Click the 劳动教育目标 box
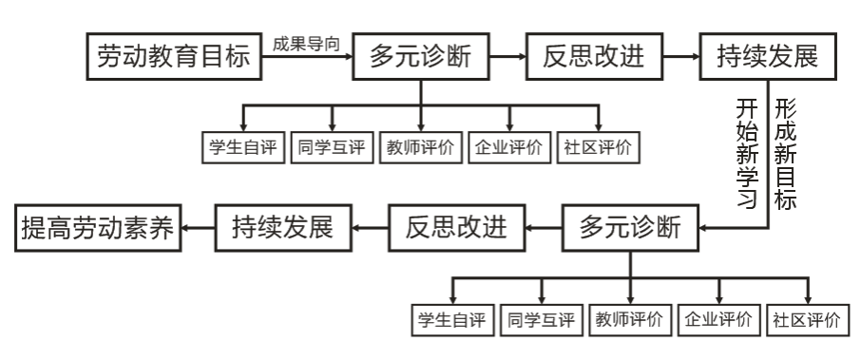(x=173, y=58)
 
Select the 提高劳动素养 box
(x=99, y=227)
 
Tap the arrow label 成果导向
(x=307, y=44)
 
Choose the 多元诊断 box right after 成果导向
(x=424, y=58)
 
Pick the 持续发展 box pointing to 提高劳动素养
(x=281, y=227)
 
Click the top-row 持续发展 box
(x=771, y=58)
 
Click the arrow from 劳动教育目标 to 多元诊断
(x=306, y=58)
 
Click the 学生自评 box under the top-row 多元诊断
(x=245, y=147)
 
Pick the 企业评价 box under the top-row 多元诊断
(x=511, y=147)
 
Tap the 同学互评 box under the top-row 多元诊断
(x=334, y=147)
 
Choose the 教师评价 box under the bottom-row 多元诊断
(x=631, y=317)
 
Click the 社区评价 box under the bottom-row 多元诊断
(x=808, y=317)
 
